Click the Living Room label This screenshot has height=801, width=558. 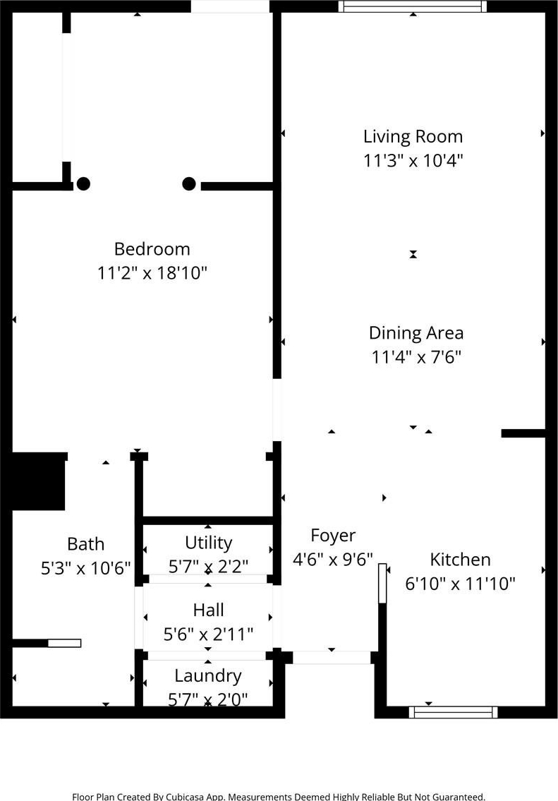pos(413,136)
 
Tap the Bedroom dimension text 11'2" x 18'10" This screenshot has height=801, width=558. pos(152,273)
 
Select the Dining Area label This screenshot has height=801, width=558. pos(416,332)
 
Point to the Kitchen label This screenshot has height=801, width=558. pos(460,560)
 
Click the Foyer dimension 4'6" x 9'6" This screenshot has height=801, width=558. pos(333,560)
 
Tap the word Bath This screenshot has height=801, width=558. pos(86,544)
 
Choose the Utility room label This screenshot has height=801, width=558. pos(208,543)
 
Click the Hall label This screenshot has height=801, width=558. pos(208,610)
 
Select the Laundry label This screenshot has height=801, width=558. pos(208,676)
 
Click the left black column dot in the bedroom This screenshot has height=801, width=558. pos(83,183)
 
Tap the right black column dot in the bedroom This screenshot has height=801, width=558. pos(189,183)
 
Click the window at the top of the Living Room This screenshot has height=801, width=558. pos(413,6)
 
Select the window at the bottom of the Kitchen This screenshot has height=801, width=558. pos(454,712)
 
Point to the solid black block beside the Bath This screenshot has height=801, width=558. pos(38,481)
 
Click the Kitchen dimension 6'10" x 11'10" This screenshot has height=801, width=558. pos(460,584)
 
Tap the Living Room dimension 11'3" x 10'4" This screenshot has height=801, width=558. pos(413,160)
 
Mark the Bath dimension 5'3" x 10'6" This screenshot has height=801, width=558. pos(86,568)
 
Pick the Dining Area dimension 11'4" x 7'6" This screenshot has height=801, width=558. pos(416,356)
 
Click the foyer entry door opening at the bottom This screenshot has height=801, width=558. pos(332,658)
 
